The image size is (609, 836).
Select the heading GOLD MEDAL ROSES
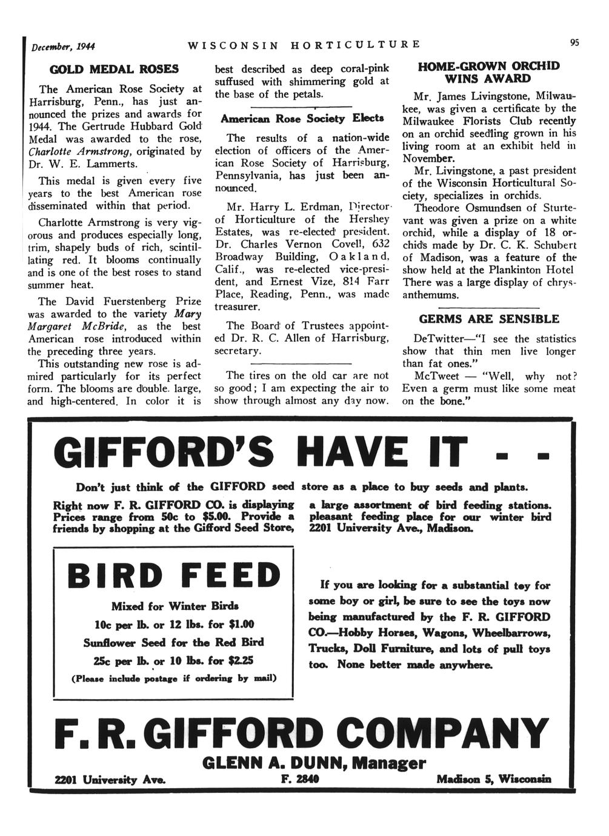[115, 70]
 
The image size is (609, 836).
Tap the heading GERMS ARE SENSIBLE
[489, 319]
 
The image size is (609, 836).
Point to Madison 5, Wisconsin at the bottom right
[494, 779]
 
